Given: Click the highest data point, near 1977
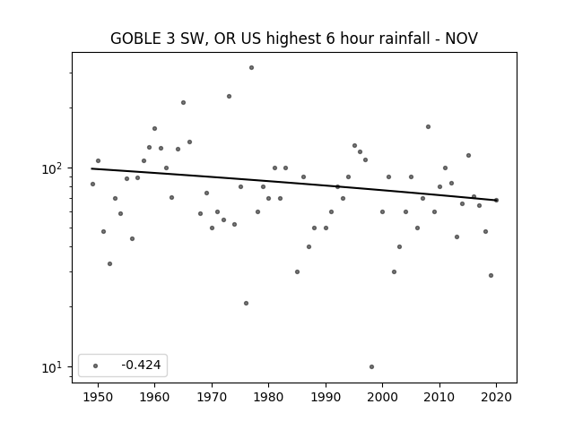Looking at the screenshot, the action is (x=251, y=68).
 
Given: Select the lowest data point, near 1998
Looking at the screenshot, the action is (x=371, y=366).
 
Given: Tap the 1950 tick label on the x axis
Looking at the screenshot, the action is (x=98, y=397).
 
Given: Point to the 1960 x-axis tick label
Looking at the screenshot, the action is (x=154, y=397).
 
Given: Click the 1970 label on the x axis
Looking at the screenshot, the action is (x=212, y=397).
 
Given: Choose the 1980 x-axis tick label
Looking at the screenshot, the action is (x=268, y=397).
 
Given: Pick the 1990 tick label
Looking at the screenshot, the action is (x=326, y=397).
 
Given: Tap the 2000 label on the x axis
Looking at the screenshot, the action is (x=382, y=397).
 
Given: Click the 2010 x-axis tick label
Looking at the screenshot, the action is (x=439, y=397).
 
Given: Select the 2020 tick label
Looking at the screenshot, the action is (x=496, y=397).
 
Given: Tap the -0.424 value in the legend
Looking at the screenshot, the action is (x=141, y=365).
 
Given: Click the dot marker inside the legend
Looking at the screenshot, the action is (x=95, y=365).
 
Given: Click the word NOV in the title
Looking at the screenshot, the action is (x=461, y=39).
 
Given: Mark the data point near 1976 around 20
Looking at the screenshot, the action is (x=246, y=303).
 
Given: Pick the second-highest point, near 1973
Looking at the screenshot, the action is (x=229, y=96).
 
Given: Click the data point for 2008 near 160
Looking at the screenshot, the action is (x=428, y=127).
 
